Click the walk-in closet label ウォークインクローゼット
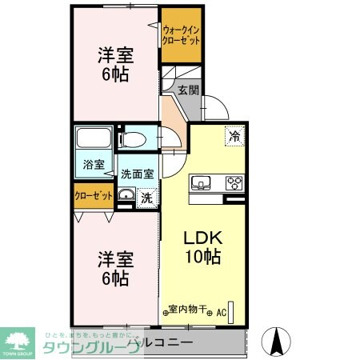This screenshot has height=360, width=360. coord(180,34)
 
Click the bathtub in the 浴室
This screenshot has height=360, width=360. coord(94,141)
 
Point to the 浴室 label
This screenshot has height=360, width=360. coord(94,165)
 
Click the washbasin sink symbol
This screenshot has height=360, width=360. coord(126,196)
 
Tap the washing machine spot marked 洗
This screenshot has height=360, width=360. coord(146,197)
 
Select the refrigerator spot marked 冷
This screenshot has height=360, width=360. coord(234,137)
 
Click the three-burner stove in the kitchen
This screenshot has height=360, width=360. coord(234,182)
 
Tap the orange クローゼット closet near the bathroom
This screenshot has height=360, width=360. coord(93,194)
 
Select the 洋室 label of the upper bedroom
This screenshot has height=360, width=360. coord(115,56)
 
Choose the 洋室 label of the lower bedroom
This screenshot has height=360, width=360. coord(114,259)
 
